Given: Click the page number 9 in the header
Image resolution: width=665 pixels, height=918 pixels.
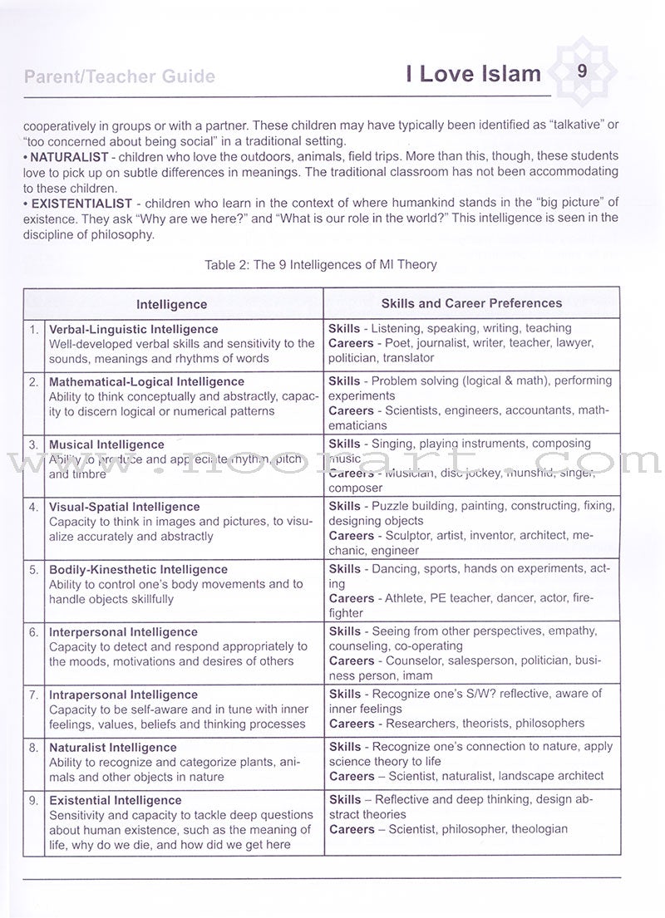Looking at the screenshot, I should pos(582,71).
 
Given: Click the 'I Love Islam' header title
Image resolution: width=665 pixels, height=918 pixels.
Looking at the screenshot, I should pos(473,75).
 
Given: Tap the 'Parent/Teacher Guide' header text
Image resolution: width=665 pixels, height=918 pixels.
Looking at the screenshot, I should pos(120,77).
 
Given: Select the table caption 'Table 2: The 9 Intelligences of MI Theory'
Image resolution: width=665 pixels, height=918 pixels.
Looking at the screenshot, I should pos(320,264).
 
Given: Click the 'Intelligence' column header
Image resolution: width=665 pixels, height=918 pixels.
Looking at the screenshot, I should pos(171,305).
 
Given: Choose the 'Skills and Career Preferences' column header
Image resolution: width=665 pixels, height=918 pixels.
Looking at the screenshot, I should pos(471,303).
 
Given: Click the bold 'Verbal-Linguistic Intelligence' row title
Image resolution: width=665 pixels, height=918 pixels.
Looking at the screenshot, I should pos(133,329).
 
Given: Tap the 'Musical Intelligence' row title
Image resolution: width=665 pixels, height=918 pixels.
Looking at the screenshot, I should pos(106,444).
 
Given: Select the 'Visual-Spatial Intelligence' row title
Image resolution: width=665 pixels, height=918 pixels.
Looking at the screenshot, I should pos(125,507).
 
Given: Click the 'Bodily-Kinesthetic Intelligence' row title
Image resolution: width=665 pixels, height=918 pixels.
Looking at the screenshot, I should pos(138,569).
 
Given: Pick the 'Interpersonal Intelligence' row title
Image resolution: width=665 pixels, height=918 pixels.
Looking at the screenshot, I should pos(123,632).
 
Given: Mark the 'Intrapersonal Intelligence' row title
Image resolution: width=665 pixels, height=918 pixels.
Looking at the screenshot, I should pos(123,695).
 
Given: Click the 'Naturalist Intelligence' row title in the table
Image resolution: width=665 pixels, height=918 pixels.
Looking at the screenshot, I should pos(116,748).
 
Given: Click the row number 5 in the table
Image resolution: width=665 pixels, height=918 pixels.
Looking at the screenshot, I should pos(34,570).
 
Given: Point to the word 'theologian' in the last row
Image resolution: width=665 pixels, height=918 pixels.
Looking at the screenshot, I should pos(539,829).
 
